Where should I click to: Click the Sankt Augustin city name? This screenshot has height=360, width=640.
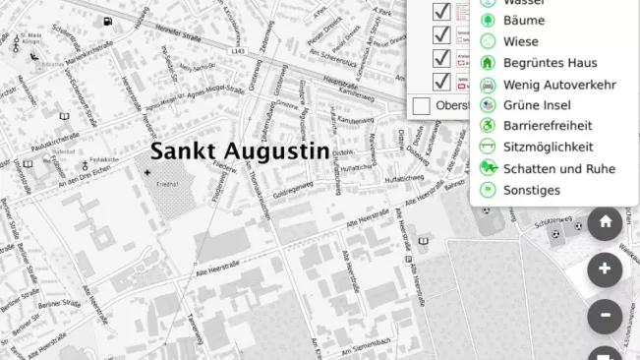click(x=238, y=151)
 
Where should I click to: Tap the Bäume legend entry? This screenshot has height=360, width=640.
click(x=523, y=20)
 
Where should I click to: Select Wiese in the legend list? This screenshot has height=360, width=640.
click(x=521, y=41)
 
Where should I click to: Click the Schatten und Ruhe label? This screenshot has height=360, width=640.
click(x=558, y=169)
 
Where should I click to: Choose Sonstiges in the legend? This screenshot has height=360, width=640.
click(x=531, y=190)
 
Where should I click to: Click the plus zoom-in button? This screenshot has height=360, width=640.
click(x=605, y=269)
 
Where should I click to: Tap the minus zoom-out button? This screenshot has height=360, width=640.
click(x=605, y=316)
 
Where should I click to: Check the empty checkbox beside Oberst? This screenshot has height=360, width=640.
click(x=422, y=105)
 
